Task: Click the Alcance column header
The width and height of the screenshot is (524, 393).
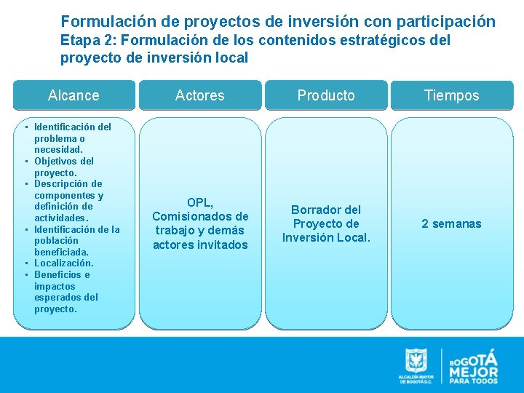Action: [x=74, y=95]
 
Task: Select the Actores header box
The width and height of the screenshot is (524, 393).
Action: [x=200, y=95]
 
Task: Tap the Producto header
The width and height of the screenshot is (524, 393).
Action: [x=326, y=95]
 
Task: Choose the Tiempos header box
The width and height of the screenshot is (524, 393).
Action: [x=452, y=95]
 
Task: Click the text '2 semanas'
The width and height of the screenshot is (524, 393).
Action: [x=451, y=223]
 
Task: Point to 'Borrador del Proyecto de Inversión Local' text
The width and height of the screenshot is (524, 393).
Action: [x=326, y=223]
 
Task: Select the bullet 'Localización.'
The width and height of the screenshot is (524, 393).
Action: [x=63, y=263]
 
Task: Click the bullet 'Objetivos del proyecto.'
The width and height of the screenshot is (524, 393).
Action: [x=63, y=167]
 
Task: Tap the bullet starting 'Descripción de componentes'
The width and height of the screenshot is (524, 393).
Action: [x=69, y=200]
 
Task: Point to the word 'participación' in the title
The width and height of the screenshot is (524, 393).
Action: [x=448, y=22]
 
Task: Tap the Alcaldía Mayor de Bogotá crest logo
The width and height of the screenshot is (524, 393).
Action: [x=416, y=362]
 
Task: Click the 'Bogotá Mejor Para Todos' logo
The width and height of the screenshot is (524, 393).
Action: [x=473, y=365]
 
